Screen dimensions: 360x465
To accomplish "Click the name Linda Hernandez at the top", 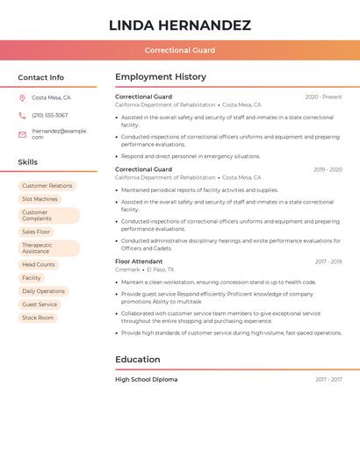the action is tap(179, 25).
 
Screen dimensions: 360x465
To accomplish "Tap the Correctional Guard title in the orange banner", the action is tap(179, 50).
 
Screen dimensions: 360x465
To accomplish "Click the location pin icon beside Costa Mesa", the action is tap(22, 97).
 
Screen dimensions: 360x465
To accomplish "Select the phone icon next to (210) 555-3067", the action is tap(22, 115).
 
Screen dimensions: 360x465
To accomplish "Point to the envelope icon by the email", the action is tap(22, 133).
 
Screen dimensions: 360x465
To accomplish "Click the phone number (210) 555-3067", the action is tap(49, 115).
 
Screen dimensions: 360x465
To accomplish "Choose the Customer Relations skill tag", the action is tap(47, 186).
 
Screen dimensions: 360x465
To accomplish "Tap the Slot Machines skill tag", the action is tap(40, 199).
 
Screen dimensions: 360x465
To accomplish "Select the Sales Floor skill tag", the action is tap(36, 232).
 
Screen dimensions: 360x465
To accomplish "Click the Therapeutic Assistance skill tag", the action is tap(48, 248).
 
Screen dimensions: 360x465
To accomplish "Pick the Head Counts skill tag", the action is tap(39, 264).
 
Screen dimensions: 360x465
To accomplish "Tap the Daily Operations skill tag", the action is tap(43, 291).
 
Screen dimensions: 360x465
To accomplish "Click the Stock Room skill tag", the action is tap(38, 318).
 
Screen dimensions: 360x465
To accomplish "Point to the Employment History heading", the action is tap(161, 77).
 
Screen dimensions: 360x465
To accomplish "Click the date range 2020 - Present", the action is tap(323, 97).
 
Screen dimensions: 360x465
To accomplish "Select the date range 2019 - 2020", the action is tap(328, 169).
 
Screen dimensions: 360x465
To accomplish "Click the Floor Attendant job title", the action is tap(139, 261).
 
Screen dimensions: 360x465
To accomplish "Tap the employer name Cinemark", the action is tap(127, 270).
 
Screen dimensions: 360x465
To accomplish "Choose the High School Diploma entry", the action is tap(146, 380).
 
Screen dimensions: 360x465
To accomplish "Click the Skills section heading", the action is tap(28, 162).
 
